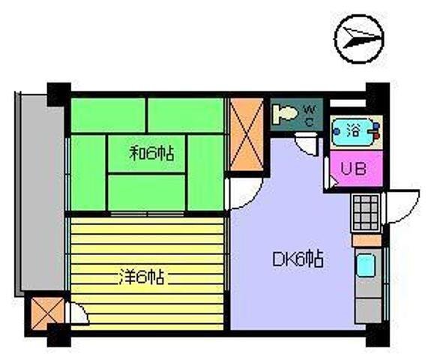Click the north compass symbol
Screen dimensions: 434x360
coord(359,39)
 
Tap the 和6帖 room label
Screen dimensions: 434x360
coord(152,154)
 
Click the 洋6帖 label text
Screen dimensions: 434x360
coord(142,277)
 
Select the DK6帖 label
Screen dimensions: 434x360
coord(298,259)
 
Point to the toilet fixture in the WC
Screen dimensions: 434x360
coord(285,113)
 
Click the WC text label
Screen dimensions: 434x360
coord(310,115)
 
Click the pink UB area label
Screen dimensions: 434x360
coord(353,168)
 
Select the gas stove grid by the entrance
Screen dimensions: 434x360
coord(366,213)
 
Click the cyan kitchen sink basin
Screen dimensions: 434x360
coord(366,265)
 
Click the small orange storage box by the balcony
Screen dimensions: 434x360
coord(47,313)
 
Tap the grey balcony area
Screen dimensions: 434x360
coord(41,193)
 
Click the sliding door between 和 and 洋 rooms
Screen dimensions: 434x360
coord(147,214)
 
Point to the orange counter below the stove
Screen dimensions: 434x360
coord(367,240)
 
